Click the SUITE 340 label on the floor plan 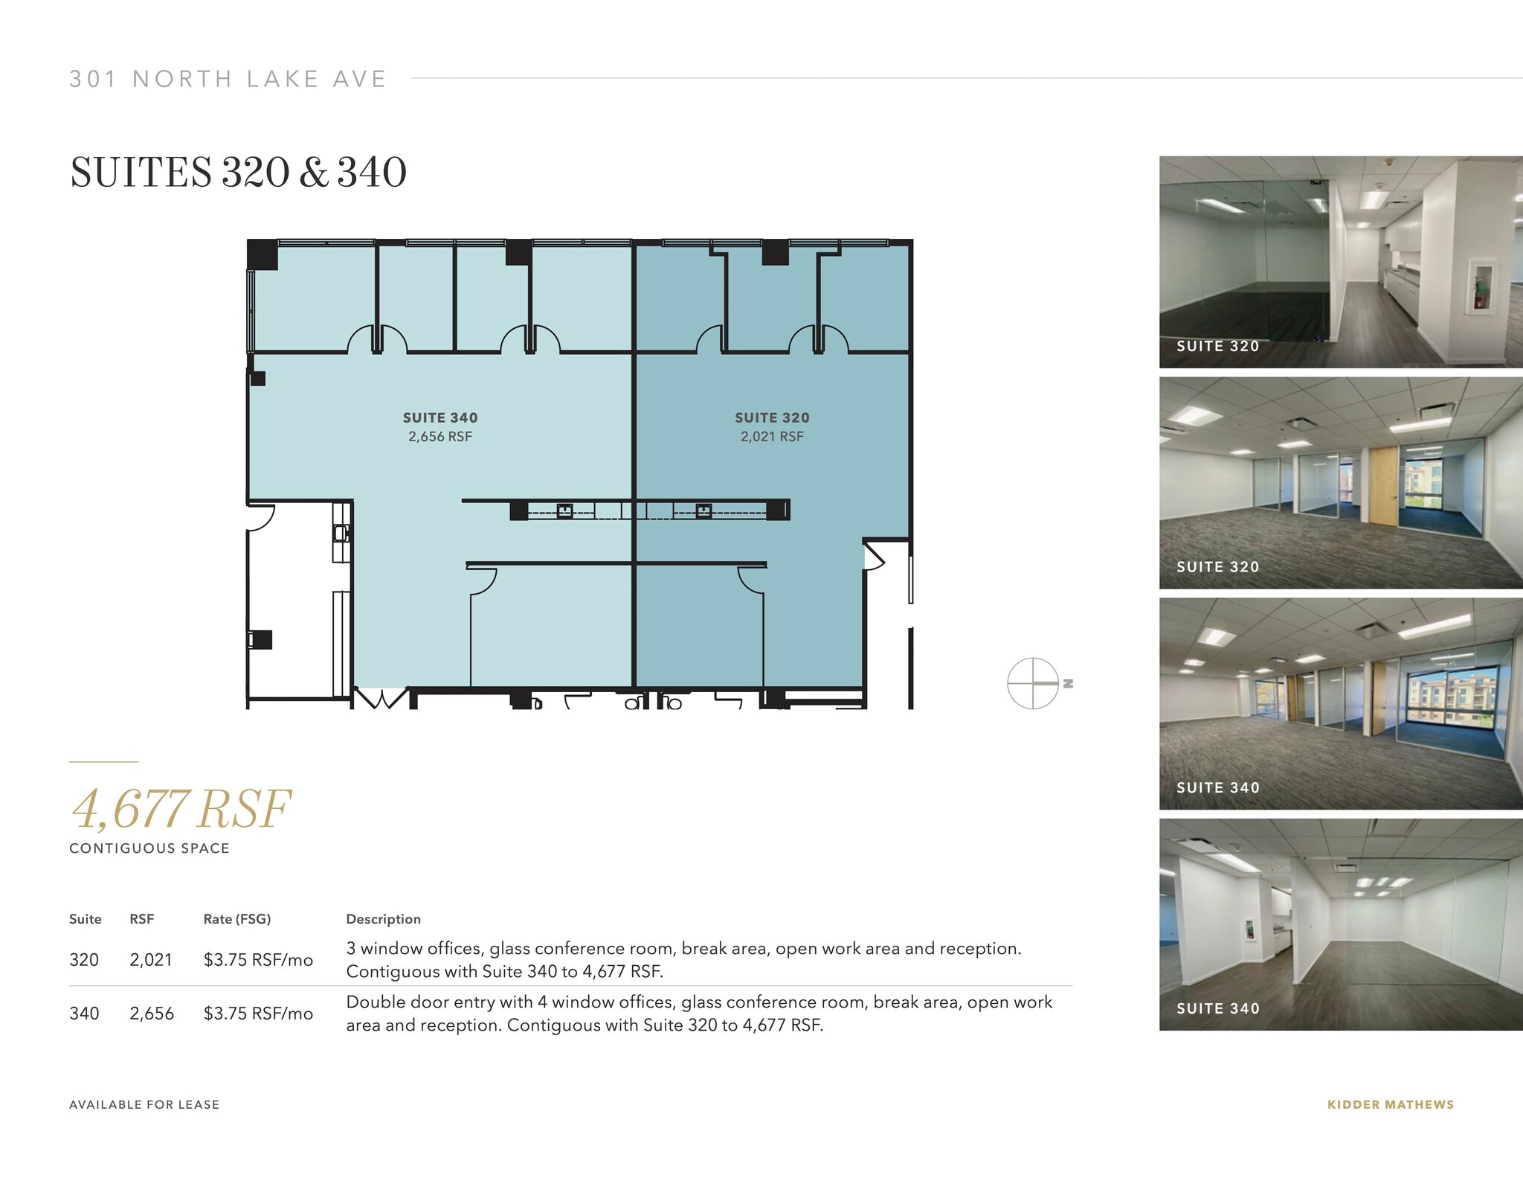point(440,417)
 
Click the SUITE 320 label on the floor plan point(772,417)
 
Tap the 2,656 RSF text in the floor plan point(440,437)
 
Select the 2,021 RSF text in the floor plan point(772,437)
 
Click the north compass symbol point(1033,683)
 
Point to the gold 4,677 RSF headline point(181,809)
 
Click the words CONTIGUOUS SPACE point(149,848)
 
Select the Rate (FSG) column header point(237,919)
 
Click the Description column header point(383,919)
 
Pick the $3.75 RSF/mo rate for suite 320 point(258,960)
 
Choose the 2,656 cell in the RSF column point(152,1014)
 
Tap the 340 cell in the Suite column point(84,1014)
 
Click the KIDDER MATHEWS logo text point(1391,1105)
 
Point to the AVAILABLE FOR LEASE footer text point(144,1105)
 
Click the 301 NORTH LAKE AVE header point(228,79)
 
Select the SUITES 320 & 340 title point(238,173)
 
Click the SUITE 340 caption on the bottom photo point(1218,1009)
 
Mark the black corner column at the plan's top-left point(263,255)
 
